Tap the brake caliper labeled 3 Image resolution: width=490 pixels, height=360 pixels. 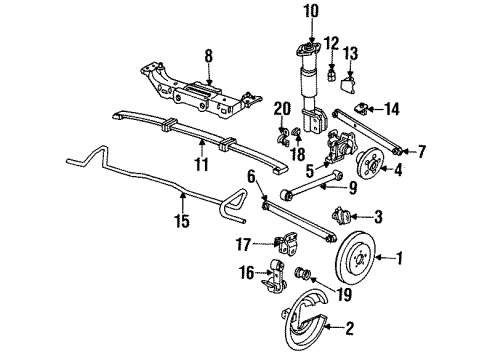(339, 216)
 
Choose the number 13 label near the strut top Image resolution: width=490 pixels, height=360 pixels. (350, 53)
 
